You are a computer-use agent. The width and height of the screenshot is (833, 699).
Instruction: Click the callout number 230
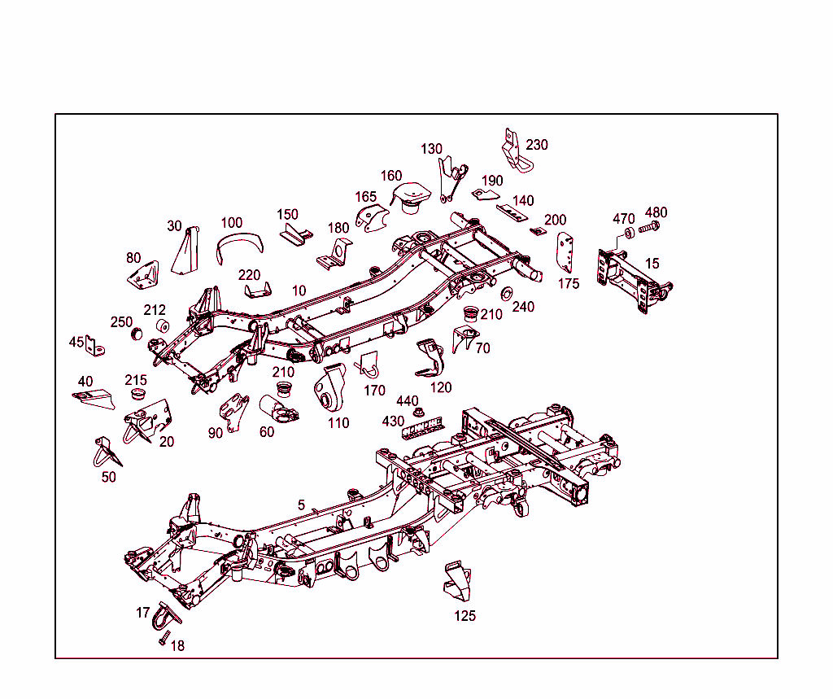point(537,145)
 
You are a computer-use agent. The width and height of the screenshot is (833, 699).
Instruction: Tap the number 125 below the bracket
point(464,615)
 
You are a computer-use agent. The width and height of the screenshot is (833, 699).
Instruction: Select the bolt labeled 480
point(649,228)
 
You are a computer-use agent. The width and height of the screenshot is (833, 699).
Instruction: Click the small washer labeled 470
point(629,233)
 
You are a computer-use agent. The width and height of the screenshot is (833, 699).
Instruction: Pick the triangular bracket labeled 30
point(187,252)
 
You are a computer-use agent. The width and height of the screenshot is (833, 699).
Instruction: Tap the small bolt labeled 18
point(164,638)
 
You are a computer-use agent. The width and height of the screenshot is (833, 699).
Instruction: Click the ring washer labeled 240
point(508,293)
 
